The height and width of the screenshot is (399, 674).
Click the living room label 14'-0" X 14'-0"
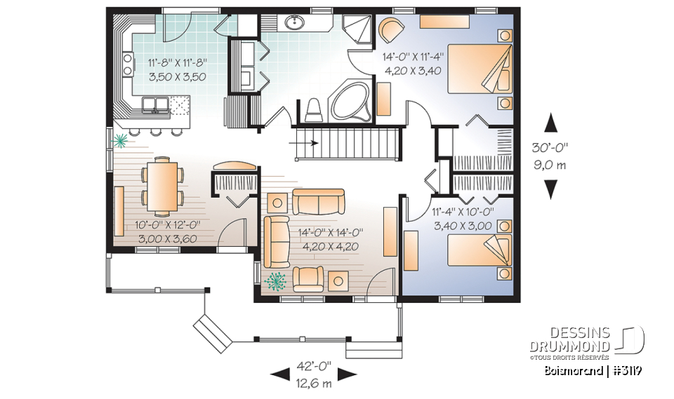pyautogui.click(x=330, y=233)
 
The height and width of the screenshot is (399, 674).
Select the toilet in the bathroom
pyautogui.click(x=315, y=108)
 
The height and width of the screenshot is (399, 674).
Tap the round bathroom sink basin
pyautogui.click(x=295, y=23)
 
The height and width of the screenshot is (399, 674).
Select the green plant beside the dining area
pyautogui.click(x=121, y=141)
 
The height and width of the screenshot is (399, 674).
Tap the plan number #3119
pyautogui.click(x=628, y=371)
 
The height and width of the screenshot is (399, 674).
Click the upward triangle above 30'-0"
pyautogui.click(x=551, y=122)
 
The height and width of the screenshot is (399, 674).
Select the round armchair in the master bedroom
pyautogui.click(x=390, y=31)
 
